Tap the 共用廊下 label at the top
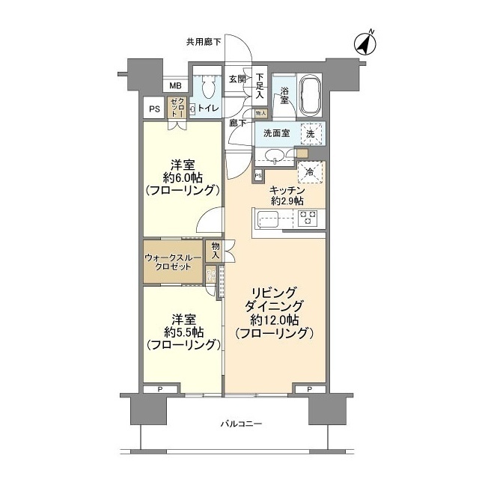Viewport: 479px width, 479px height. tap(204, 42)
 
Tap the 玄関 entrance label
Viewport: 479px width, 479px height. tap(237, 79)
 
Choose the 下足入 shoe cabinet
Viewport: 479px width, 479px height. tap(260, 85)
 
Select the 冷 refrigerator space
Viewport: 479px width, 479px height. tap(310, 172)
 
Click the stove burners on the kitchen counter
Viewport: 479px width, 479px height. tap(308, 219)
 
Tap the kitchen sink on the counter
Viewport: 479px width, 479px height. tap(267, 220)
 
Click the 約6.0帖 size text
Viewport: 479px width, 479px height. tap(182, 179)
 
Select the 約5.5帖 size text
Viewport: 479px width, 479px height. tap(182, 331)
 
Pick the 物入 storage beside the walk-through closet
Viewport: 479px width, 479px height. tap(216, 251)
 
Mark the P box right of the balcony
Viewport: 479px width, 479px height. tap(309, 389)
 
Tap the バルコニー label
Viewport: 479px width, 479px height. tap(241, 424)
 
